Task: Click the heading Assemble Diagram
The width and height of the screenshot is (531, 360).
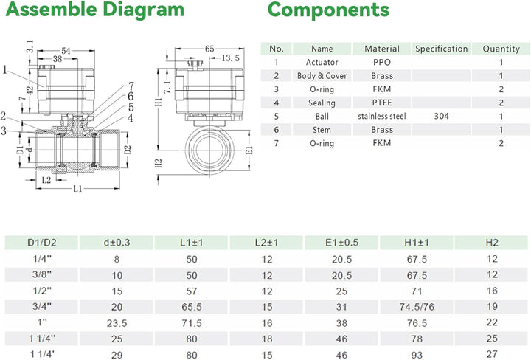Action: coord(92,10)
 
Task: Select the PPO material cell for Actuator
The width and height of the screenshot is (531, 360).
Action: coord(382,63)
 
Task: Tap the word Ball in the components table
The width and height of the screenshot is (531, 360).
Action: coord(322,117)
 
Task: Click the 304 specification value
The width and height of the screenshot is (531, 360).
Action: coord(441,117)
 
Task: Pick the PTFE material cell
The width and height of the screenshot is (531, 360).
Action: coord(382,103)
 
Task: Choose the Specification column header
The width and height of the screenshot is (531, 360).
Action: coord(441,49)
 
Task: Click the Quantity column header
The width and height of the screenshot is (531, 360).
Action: coord(501,49)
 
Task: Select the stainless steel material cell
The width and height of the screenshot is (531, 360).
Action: coord(382,117)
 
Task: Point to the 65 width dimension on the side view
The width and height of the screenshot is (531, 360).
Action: coord(209,48)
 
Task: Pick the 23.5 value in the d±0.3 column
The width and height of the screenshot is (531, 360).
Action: coord(116,322)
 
